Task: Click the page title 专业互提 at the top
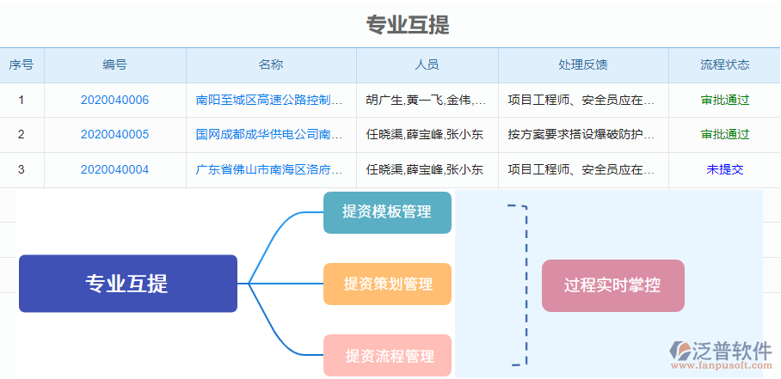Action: (408, 25)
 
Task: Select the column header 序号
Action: (22, 64)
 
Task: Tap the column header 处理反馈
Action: (582, 64)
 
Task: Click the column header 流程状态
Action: (724, 64)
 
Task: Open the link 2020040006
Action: (114, 100)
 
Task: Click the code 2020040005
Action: (114, 134)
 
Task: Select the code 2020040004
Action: (114, 169)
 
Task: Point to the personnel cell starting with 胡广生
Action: (426, 100)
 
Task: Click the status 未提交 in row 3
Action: (724, 169)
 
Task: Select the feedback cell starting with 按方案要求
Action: (581, 134)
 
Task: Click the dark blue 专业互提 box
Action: (127, 283)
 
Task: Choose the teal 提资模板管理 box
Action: (387, 212)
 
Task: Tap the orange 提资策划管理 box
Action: (387, 284)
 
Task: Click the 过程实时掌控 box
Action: (612, 285)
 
